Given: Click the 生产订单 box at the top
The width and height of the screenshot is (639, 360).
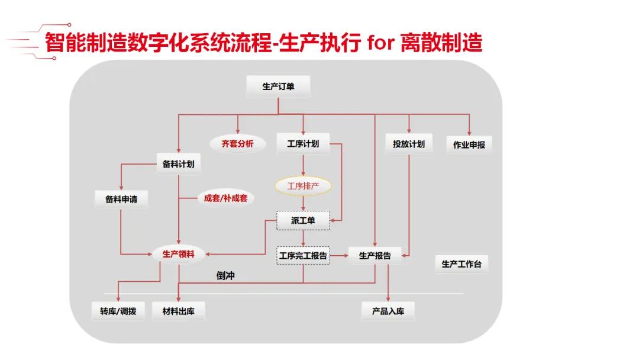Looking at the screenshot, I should (x=278, y=87).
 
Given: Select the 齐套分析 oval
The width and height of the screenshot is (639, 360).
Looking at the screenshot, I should (x=237, y=143).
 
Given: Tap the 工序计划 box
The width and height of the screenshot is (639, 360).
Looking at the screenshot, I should (x=303, y=144).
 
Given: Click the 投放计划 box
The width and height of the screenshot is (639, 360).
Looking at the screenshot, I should (x=409, y=144).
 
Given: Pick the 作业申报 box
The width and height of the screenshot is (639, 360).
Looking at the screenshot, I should (x=469, y=144).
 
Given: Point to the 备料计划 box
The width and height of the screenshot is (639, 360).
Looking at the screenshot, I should (x=179, y=164).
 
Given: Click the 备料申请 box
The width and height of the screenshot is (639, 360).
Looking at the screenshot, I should (x=121, y=200).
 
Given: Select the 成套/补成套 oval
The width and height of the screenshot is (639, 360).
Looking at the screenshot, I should (x=225, y=198).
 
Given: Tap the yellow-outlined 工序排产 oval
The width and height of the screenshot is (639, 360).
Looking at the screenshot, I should (x=303, y=186).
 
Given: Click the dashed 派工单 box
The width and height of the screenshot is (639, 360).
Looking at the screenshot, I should (x=303, y=221).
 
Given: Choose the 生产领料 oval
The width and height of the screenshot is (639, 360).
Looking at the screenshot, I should (x=178, y=255).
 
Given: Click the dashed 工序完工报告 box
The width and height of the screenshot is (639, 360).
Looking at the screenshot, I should (x=303, y=256).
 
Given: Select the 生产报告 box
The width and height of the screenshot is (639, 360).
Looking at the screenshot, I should (x=375, y=256).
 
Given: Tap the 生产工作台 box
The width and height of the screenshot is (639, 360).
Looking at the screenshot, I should (x=461, y=264).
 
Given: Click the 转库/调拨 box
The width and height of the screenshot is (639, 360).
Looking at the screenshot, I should (x=118, y=311).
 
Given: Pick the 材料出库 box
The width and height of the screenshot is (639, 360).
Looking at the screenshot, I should (x=179, y=311).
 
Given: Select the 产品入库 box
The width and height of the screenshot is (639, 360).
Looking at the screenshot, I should (x=388, y=311).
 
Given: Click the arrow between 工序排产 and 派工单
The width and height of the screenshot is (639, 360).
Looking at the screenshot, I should (x=303, y=203).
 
